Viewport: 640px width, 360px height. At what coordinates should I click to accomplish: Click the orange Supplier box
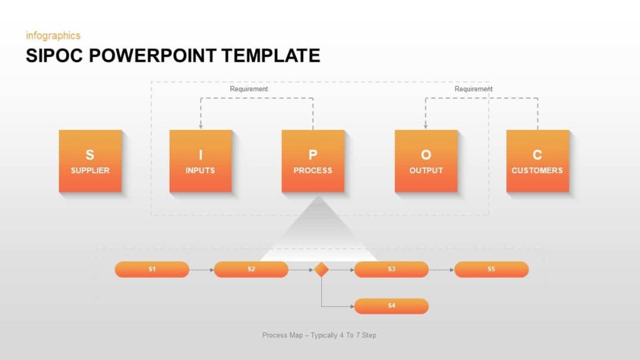[x=90, y=161]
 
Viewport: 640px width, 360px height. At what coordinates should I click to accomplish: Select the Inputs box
[x=201, y=161]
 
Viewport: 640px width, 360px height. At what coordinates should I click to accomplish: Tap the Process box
[x=312, y=161]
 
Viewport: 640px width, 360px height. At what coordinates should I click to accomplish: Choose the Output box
[x=426, y=161]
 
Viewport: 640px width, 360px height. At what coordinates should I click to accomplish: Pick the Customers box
[x=537, y=161]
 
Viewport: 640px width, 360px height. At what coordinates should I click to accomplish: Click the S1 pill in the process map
[x=152, y=269]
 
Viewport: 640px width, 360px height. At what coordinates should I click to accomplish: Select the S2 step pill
[x=251, y=269]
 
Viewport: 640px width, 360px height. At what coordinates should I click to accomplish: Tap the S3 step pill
[x=391, y=269]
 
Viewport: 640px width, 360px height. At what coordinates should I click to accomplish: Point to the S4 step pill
[x=391, y=306]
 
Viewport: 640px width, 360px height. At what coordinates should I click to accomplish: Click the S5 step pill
[x=491, y=269]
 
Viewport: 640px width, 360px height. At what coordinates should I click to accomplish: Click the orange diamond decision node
[x=321, y=269]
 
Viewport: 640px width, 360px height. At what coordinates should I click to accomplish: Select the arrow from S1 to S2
[x=201, y=270]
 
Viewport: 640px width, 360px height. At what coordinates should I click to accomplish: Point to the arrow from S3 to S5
[x=441, y=270]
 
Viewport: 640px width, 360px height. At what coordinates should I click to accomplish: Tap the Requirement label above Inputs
[x=249, y=89]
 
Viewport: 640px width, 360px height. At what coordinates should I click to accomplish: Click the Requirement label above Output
[x=473, y=89]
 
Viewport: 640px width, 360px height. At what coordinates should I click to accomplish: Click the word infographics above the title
[x=53, y=36]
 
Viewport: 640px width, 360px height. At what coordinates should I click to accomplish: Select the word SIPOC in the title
[x=54, y=56]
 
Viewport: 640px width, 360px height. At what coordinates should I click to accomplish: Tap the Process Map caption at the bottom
[x=319, y=336]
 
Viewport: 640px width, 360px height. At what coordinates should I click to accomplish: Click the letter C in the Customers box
[x=537, y=155]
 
